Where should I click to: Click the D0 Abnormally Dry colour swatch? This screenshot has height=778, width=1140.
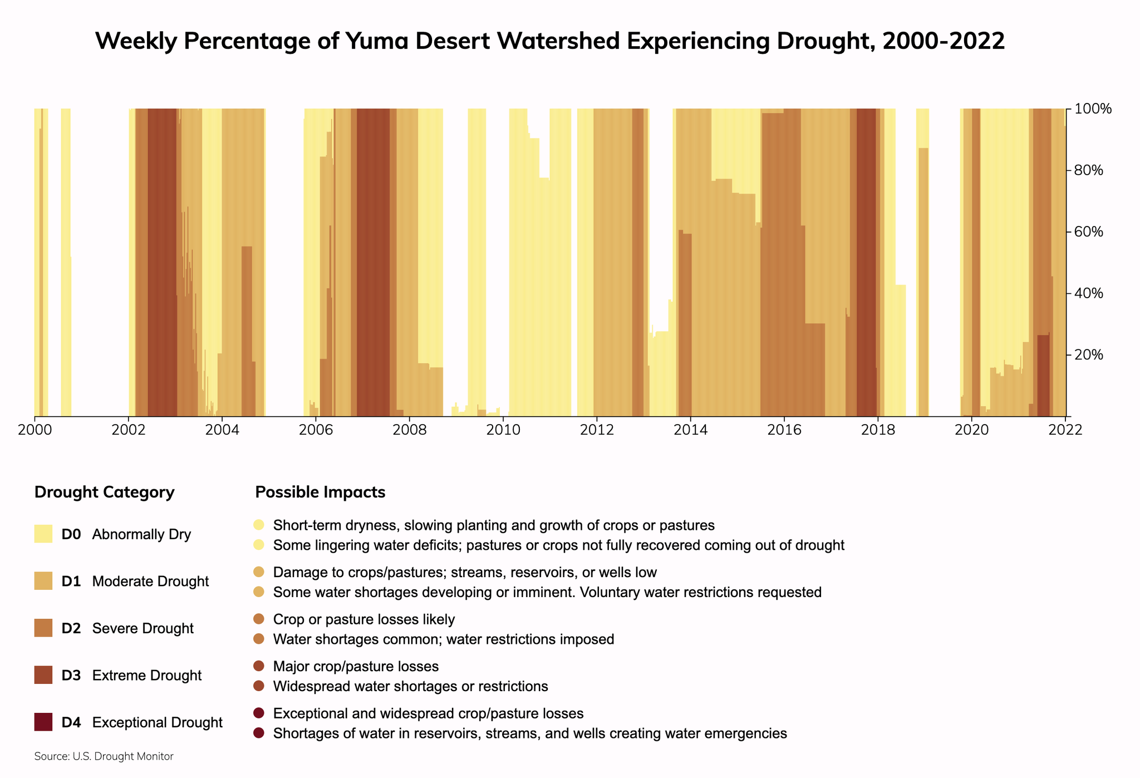pyautogui.click(x=43, y=534)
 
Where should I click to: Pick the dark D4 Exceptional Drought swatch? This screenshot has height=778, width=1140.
pyautogui.click(x=43, y=722)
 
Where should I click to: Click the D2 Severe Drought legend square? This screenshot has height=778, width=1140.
pyautogui.click(x=43, y=628)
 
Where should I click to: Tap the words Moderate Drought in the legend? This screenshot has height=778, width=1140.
pyautogui.click(x=150, y=582)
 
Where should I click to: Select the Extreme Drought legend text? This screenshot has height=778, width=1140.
pyautogui.click(x=146, y=676)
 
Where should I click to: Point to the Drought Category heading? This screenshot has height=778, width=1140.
pyautogui.click(x=104, y=493)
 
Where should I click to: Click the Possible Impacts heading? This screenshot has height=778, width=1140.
pyautogui.click(x=320, y=493)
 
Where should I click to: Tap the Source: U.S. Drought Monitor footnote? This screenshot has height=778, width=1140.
pyautogui.click(x=104, y=756)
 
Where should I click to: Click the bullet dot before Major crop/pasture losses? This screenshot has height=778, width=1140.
pyautogui.click(x=259, y=666)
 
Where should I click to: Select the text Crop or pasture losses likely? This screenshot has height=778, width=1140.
pyautogui.click(x=364, y=619)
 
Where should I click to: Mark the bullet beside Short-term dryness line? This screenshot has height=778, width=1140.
pyautogui.click(x=259, y=525)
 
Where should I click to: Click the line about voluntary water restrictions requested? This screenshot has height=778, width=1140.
pyautogui.click(x=547, y=592)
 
